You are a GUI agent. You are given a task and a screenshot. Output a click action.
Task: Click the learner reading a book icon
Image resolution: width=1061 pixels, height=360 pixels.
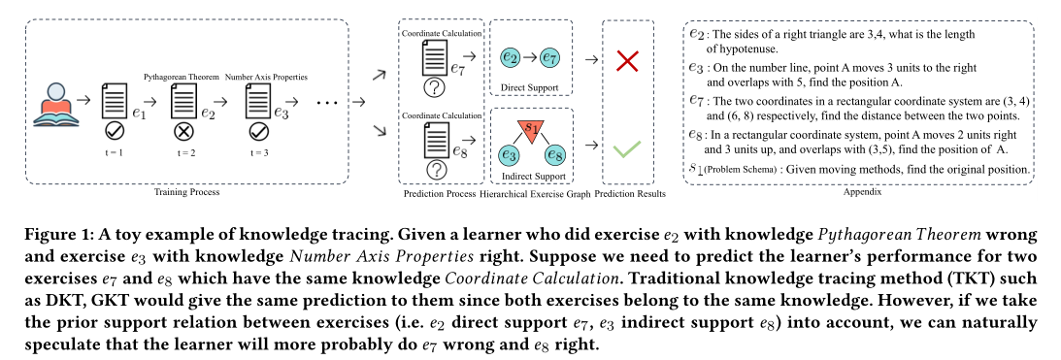pyautogui.click(x=56, y=101)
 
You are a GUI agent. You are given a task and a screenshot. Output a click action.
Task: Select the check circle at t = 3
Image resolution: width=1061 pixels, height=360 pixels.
pyautogui.click(x=256, y=131)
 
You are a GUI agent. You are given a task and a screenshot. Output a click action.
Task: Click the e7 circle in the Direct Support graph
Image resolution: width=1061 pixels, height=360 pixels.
pyautogui.click(x=549, y=59)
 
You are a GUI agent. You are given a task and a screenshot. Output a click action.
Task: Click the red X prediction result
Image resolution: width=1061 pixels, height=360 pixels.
pyautogui.click(x=628, y=61)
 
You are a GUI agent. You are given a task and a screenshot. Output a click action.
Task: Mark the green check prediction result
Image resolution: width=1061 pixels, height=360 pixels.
pyautogui.click(x=628, y=148)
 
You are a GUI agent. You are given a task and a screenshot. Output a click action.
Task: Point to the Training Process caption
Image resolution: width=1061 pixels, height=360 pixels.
pyautogui.click(x=187, y=192)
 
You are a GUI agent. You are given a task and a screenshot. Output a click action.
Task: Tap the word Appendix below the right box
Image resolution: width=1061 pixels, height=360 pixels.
pyautogui.click(x=856, y=192)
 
